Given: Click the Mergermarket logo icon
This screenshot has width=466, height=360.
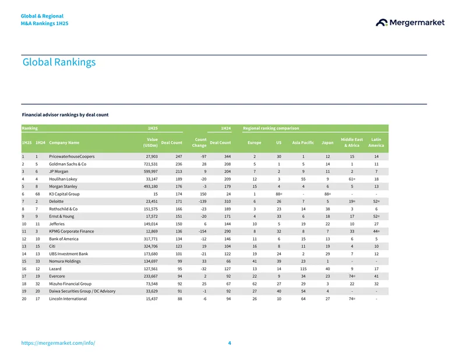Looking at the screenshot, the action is pos(382,23).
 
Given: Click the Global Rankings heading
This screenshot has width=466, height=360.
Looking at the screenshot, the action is pos(59,62).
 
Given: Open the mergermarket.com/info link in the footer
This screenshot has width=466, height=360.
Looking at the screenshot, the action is pos(58,343).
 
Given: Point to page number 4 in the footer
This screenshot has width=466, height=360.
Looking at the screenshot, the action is pos(230,343).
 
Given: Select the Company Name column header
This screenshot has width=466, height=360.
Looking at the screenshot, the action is pos(64,143).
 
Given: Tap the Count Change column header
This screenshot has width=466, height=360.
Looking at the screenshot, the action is pos(199,142).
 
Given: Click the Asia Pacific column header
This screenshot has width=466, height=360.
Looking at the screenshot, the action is pos(303,143).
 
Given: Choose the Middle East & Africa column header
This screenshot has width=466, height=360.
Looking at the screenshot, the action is pos(352,142).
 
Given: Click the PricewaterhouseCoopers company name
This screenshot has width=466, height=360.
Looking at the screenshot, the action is pos(72,156).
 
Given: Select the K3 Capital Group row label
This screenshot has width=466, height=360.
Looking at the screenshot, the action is pos(64,194).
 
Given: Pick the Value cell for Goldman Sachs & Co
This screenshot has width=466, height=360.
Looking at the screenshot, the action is pos(151,164).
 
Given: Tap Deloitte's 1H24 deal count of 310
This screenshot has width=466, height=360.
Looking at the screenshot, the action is pos(227,201).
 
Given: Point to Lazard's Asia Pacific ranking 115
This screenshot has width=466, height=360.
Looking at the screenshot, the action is pos(303,269).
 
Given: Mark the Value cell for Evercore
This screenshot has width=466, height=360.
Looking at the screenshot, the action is pos(151,276).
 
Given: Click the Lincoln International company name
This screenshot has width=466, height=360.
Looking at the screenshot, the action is pos(68,299).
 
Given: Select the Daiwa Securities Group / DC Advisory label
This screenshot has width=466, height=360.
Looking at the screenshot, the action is pos(82,291).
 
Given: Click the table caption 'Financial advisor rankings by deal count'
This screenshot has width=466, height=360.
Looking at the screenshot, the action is pos(65,115).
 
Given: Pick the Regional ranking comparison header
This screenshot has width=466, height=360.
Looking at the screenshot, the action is pos(271,128).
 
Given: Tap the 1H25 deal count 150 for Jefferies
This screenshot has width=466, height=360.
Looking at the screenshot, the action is pos(179,224).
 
